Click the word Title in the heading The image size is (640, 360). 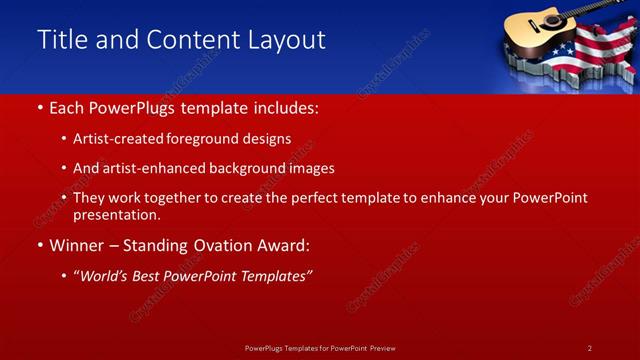[x=59, y=40]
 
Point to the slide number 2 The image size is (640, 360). [x=589, y=347]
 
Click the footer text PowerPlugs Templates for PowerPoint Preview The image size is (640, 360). [x=319, y=347]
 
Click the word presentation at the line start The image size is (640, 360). [x=116, y=214]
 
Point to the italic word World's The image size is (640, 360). [x=104, y=275]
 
